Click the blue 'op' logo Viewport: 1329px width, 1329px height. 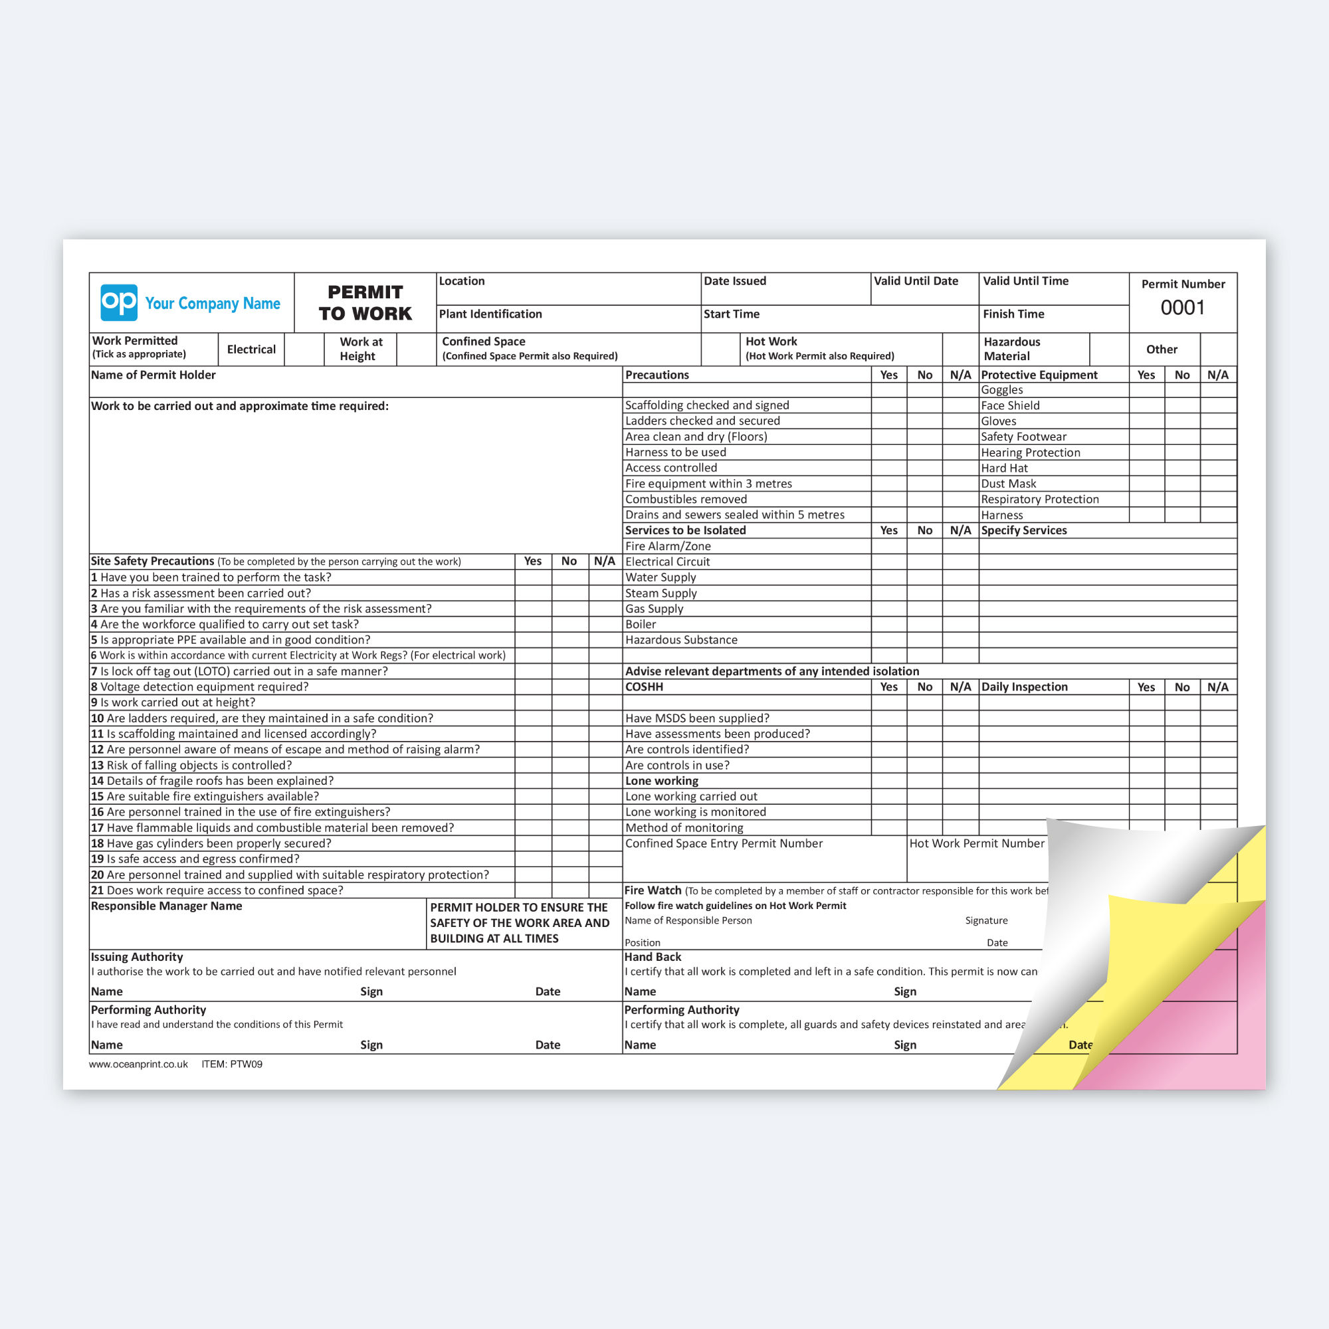[x=119, y=302]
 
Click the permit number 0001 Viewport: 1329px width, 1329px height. [x=1183, y=308]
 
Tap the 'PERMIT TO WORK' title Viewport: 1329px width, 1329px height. [x=365, y=302]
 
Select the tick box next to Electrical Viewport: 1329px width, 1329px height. [x=304, y=350]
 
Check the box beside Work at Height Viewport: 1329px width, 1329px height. [x=416, y=350]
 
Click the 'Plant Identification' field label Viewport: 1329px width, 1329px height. [x=490, y=314]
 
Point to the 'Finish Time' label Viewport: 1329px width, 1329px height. [x=1013, y=314]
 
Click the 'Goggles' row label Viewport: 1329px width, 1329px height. [x=1001, y=390]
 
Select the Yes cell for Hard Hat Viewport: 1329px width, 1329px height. [x=1147, y=468]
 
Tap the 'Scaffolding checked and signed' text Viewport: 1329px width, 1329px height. [x=707, y=406]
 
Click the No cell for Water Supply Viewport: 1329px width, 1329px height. [x=924, y=578]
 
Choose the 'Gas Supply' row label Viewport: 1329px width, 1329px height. [x=654, y=609]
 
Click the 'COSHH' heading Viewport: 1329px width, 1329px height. [x=644, y=687]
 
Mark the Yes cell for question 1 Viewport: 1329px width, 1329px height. [x=533, y=578]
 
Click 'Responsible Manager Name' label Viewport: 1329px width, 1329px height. [x=167, y=906]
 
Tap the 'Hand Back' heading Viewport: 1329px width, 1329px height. [x=653, y=957]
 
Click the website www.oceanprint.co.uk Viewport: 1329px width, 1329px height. [x=138, y=1064]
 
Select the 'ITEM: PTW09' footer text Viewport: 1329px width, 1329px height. [x=232, y=1064]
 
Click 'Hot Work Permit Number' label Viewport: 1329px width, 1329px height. [x=977, y=843]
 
